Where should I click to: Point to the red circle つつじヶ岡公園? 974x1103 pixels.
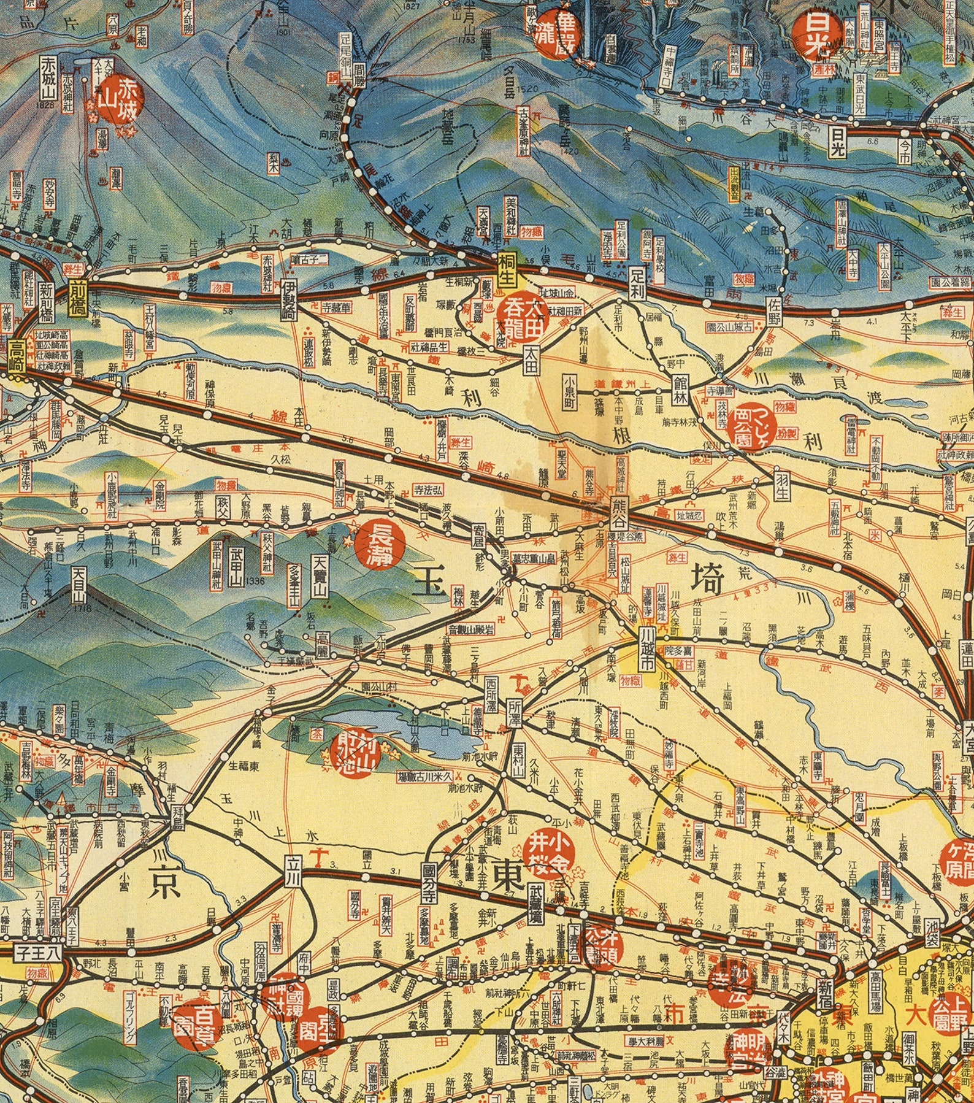(x=752, y=426)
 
